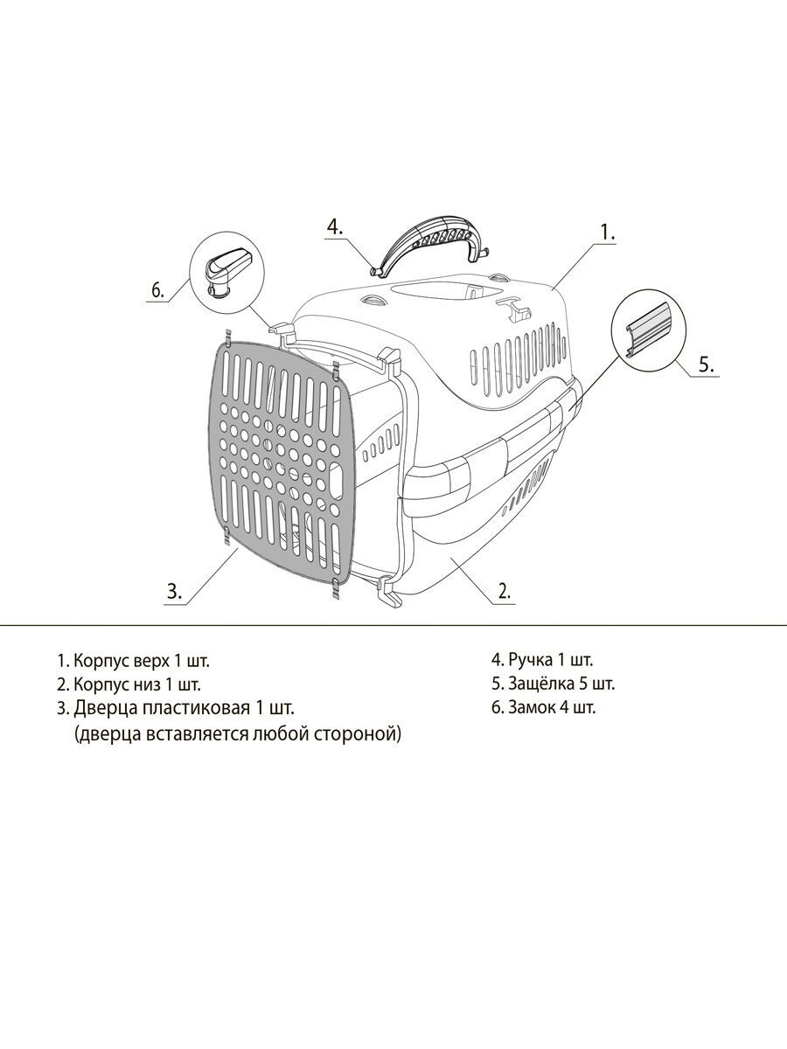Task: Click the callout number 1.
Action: [608, 232]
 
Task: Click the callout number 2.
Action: [505, 591]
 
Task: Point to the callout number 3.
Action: [174, 592]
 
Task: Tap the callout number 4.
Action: [335, 226]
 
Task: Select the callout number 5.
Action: [707, 365]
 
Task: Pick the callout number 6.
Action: [157, 290]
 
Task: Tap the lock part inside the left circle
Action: [229, 272]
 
